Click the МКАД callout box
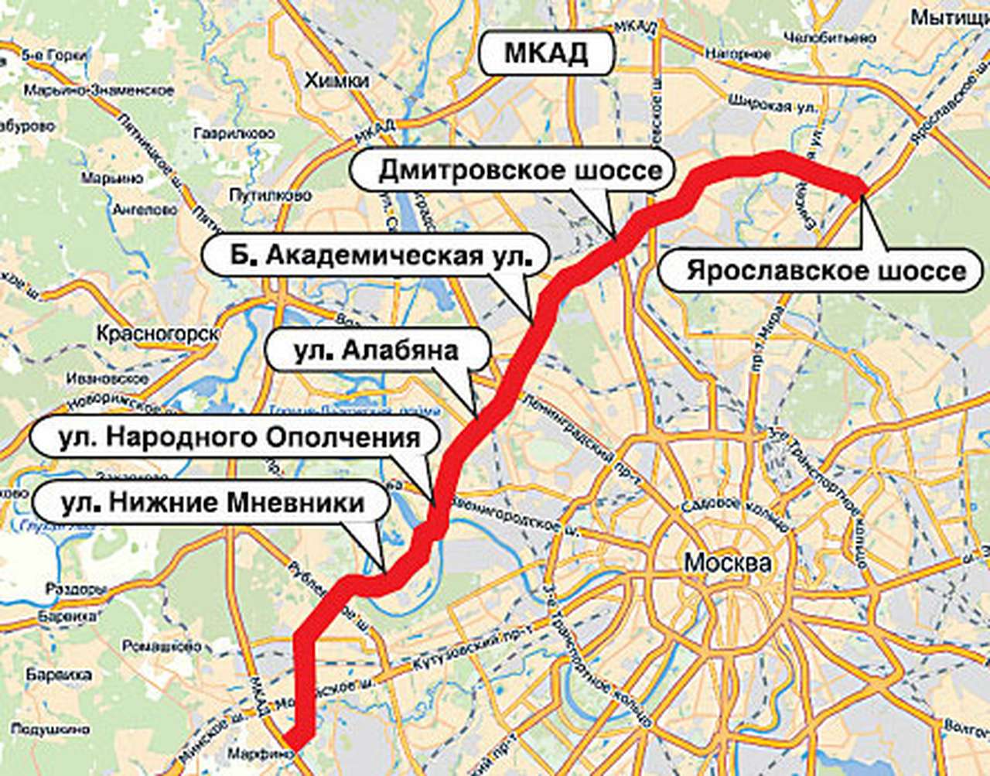click(x=546, y=54)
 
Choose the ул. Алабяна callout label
click(x=376, y=350)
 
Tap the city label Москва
click(x=727, y=562)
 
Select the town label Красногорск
click(x=157, y=333)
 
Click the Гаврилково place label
click(x=235, y=132)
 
